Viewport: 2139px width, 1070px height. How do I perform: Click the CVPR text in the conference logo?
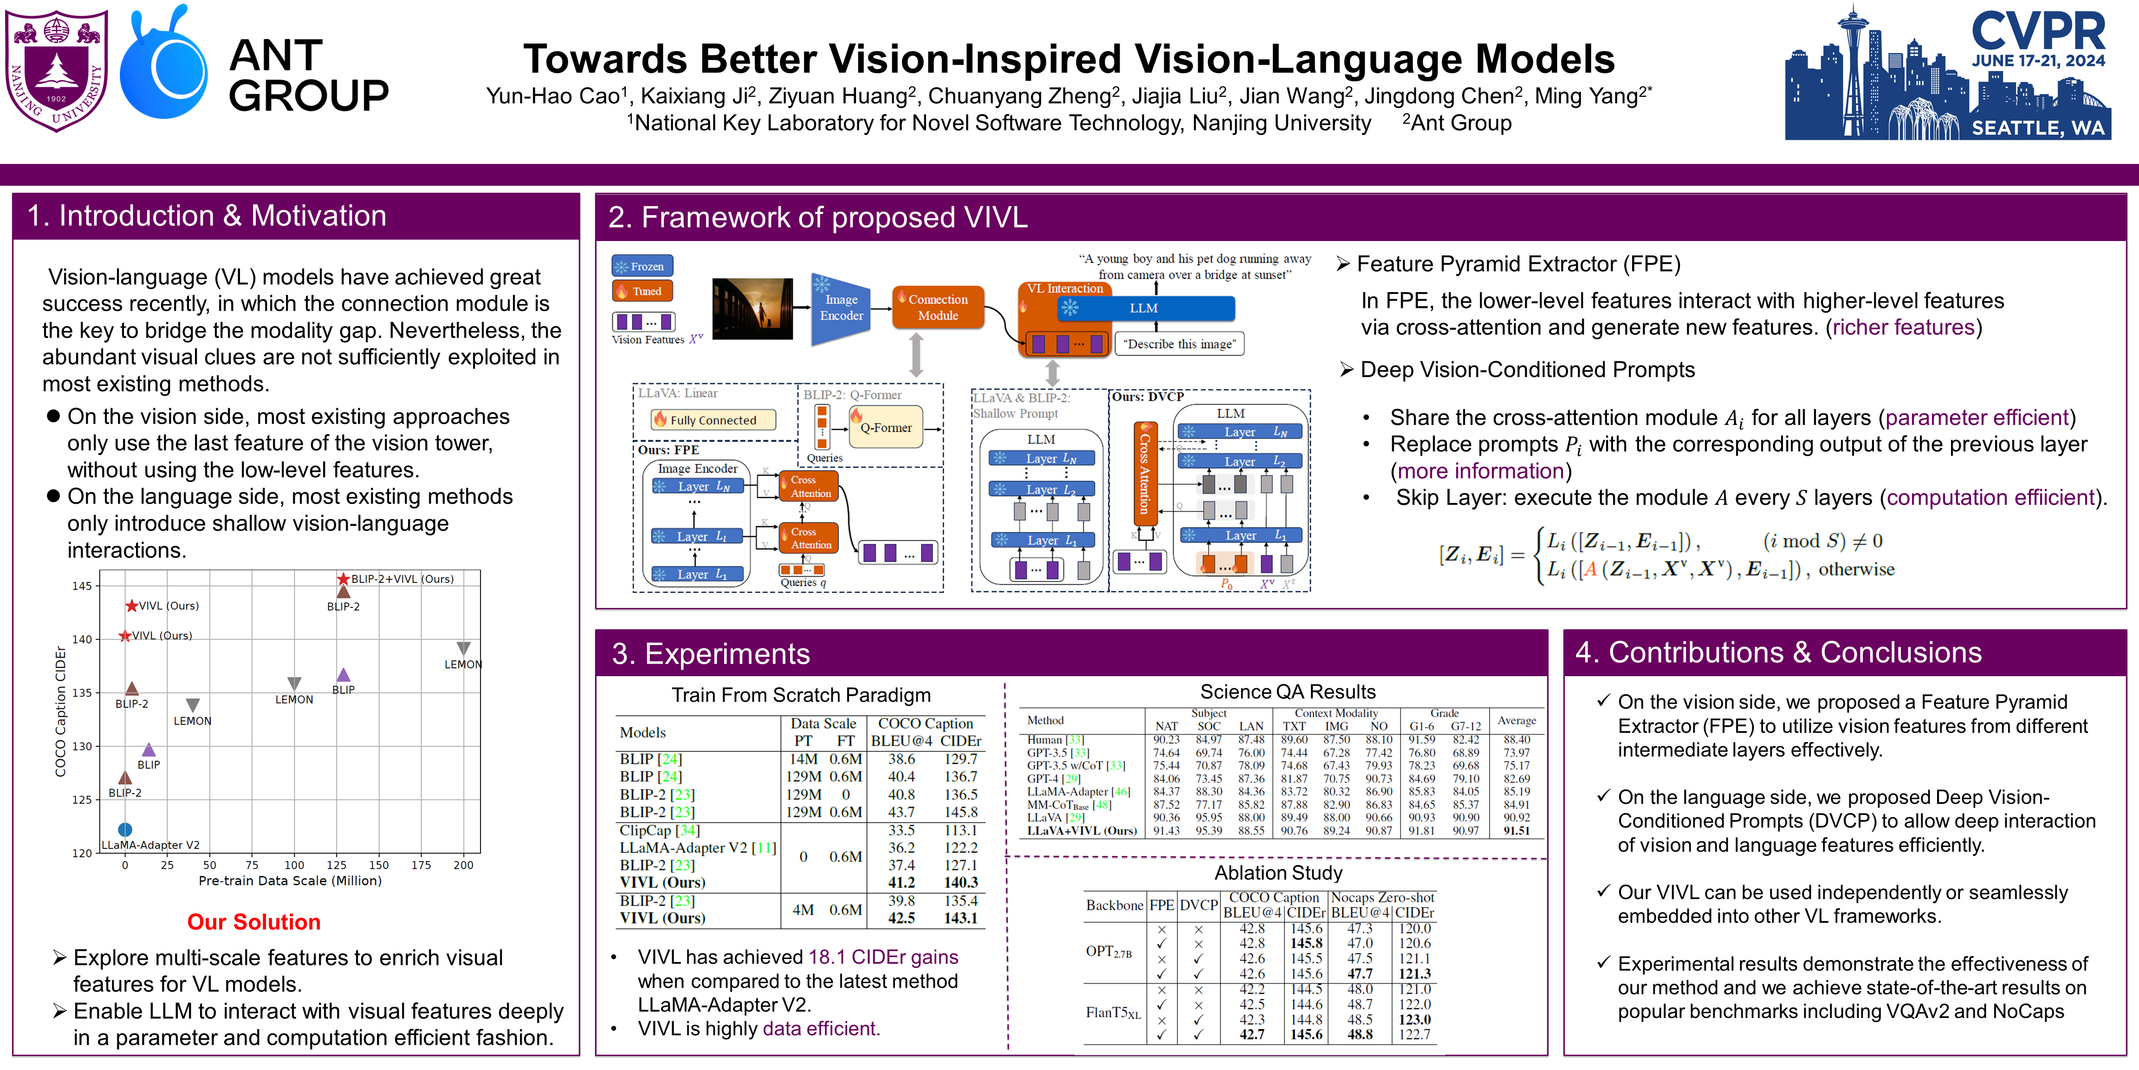point(2039,32)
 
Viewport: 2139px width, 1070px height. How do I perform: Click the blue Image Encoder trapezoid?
point(840,308)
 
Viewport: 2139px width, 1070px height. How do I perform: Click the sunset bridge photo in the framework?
point(752,308)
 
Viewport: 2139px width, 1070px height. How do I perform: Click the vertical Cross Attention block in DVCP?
point(1144,474)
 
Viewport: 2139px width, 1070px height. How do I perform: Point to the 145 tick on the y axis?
point(82,586)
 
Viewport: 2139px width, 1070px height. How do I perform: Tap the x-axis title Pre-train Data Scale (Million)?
point(290,881)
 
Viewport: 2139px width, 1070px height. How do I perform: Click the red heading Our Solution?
point(253,922)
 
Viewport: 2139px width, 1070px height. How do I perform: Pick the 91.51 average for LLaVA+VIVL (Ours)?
point(1516,831)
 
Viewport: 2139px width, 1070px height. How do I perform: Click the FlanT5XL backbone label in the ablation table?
point(1113,1013)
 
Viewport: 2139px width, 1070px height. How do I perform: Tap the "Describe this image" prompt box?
point(1179,344)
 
